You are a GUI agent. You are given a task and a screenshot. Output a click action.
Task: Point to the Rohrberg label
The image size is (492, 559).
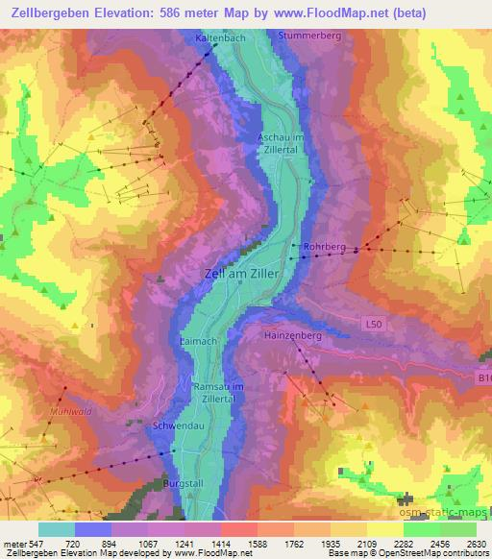tap(324, 246)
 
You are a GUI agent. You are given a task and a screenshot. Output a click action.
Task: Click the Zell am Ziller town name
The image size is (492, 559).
tap(239, 274)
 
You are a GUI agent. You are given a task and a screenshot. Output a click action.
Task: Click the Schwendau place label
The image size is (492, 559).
tap(175, 424)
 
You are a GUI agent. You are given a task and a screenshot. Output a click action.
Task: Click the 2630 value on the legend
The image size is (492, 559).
tap(475, 544)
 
